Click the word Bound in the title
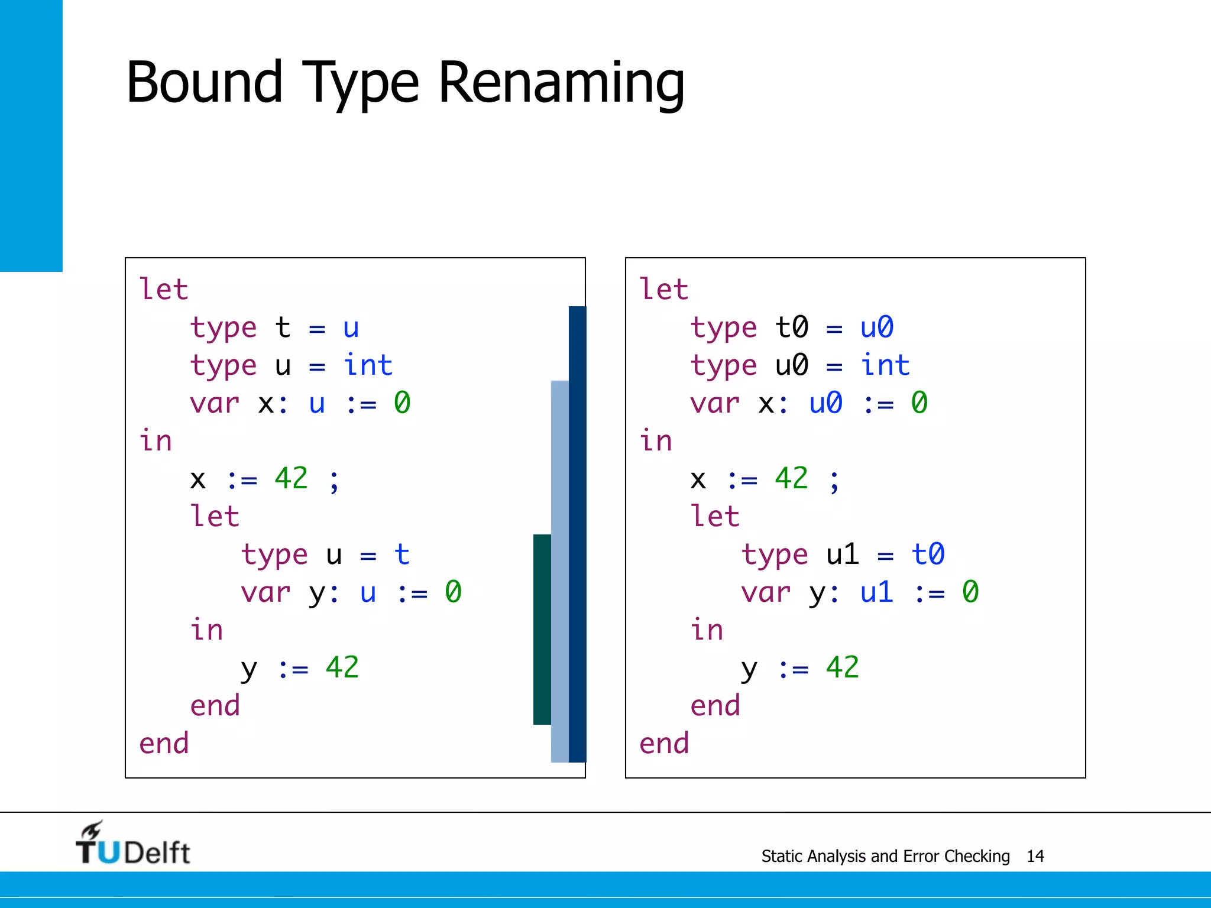click(x=204, y=83)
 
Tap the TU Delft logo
click(x=133, y=844)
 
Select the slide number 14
click(x=1035, y=856)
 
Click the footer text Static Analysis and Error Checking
click(x=885, y=856)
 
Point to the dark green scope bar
click(x=542, y=630)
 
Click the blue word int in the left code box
click(x=368, y=365)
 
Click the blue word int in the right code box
click(x=885, y=365)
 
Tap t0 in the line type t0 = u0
click(x=791, y=327)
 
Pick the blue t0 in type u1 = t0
click(x=927, y=554)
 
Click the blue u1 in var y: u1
click(x=876, y=592)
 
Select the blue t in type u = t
click(x=401, y=554)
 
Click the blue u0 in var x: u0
click(x=825, y=403)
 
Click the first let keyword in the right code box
click(x=663, y=290)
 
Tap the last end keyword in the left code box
click(x=164, y=744)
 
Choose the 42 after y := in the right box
click(x=842, y=668)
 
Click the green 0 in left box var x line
click(x=402, y=403)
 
